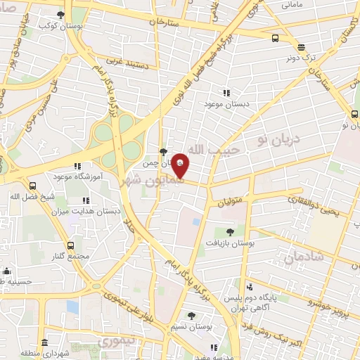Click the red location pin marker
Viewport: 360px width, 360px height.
pos(180,165)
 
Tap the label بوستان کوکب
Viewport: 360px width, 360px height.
pos(58,25)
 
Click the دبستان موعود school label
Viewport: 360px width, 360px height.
pos(227,105)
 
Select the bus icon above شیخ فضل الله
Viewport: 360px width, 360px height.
pos(32,186)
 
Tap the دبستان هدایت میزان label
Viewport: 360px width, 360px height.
pos(90,211)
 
